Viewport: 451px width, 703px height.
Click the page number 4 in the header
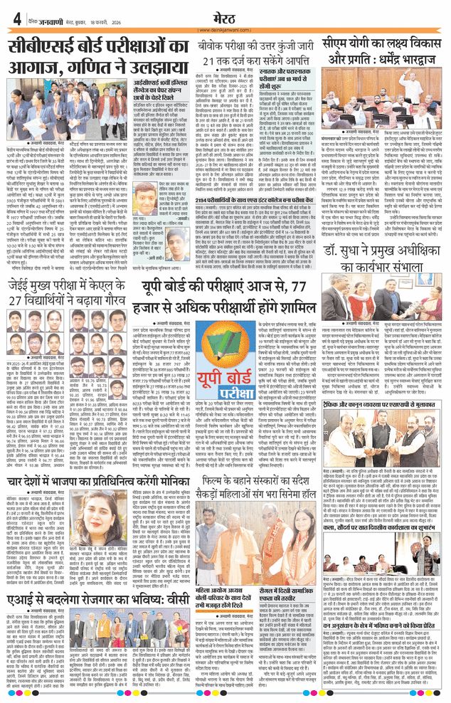16,17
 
